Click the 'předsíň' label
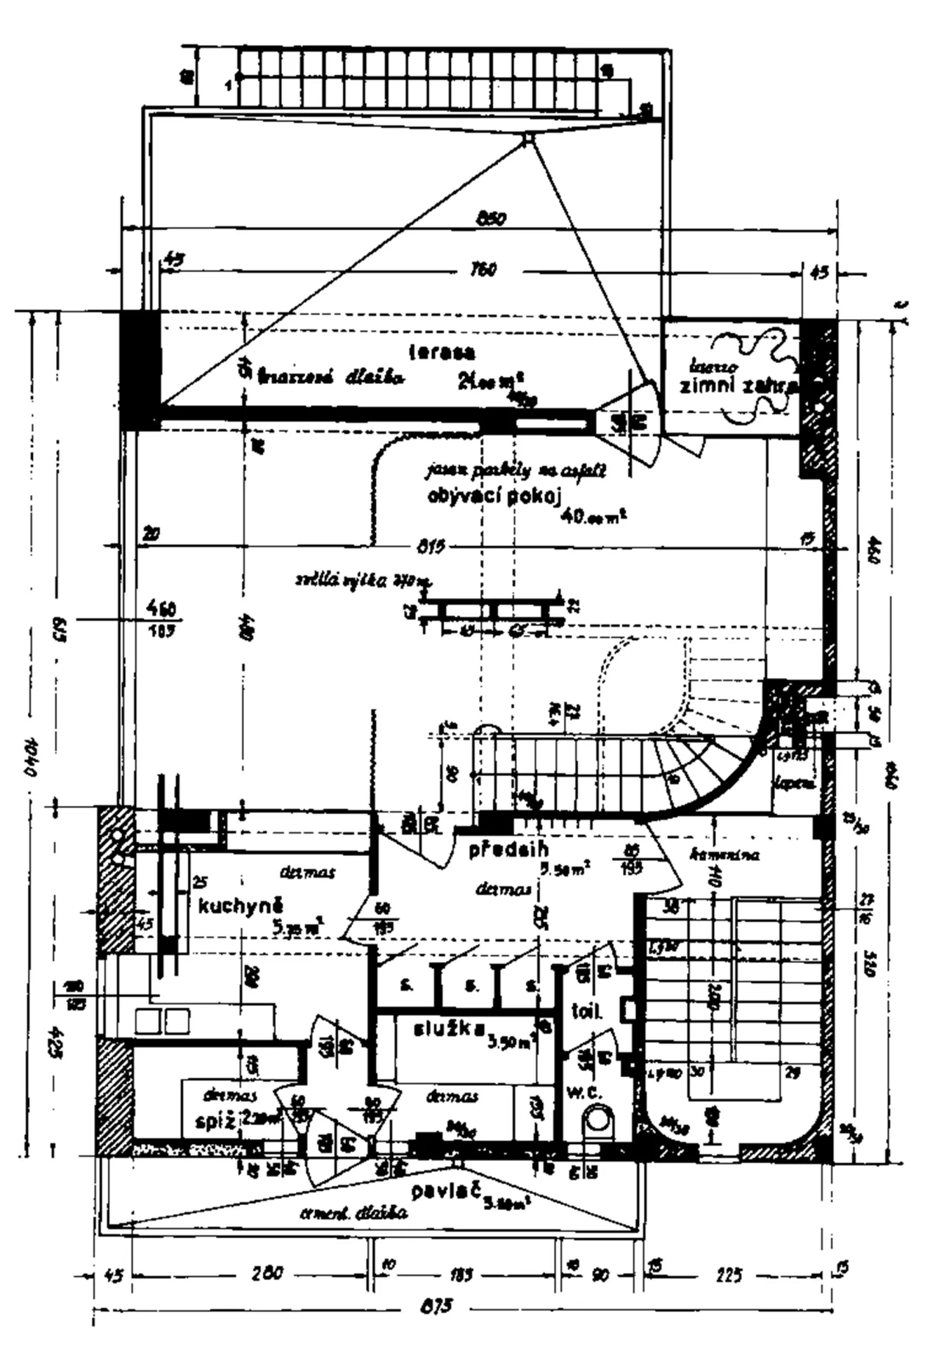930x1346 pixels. coord(508,850)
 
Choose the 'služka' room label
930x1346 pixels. coord(450,1029)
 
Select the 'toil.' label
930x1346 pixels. coord(586,1012)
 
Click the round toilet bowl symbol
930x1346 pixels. coord(598,1119)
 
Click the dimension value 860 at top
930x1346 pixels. coord(491,219)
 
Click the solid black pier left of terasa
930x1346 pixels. coord(140,370)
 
